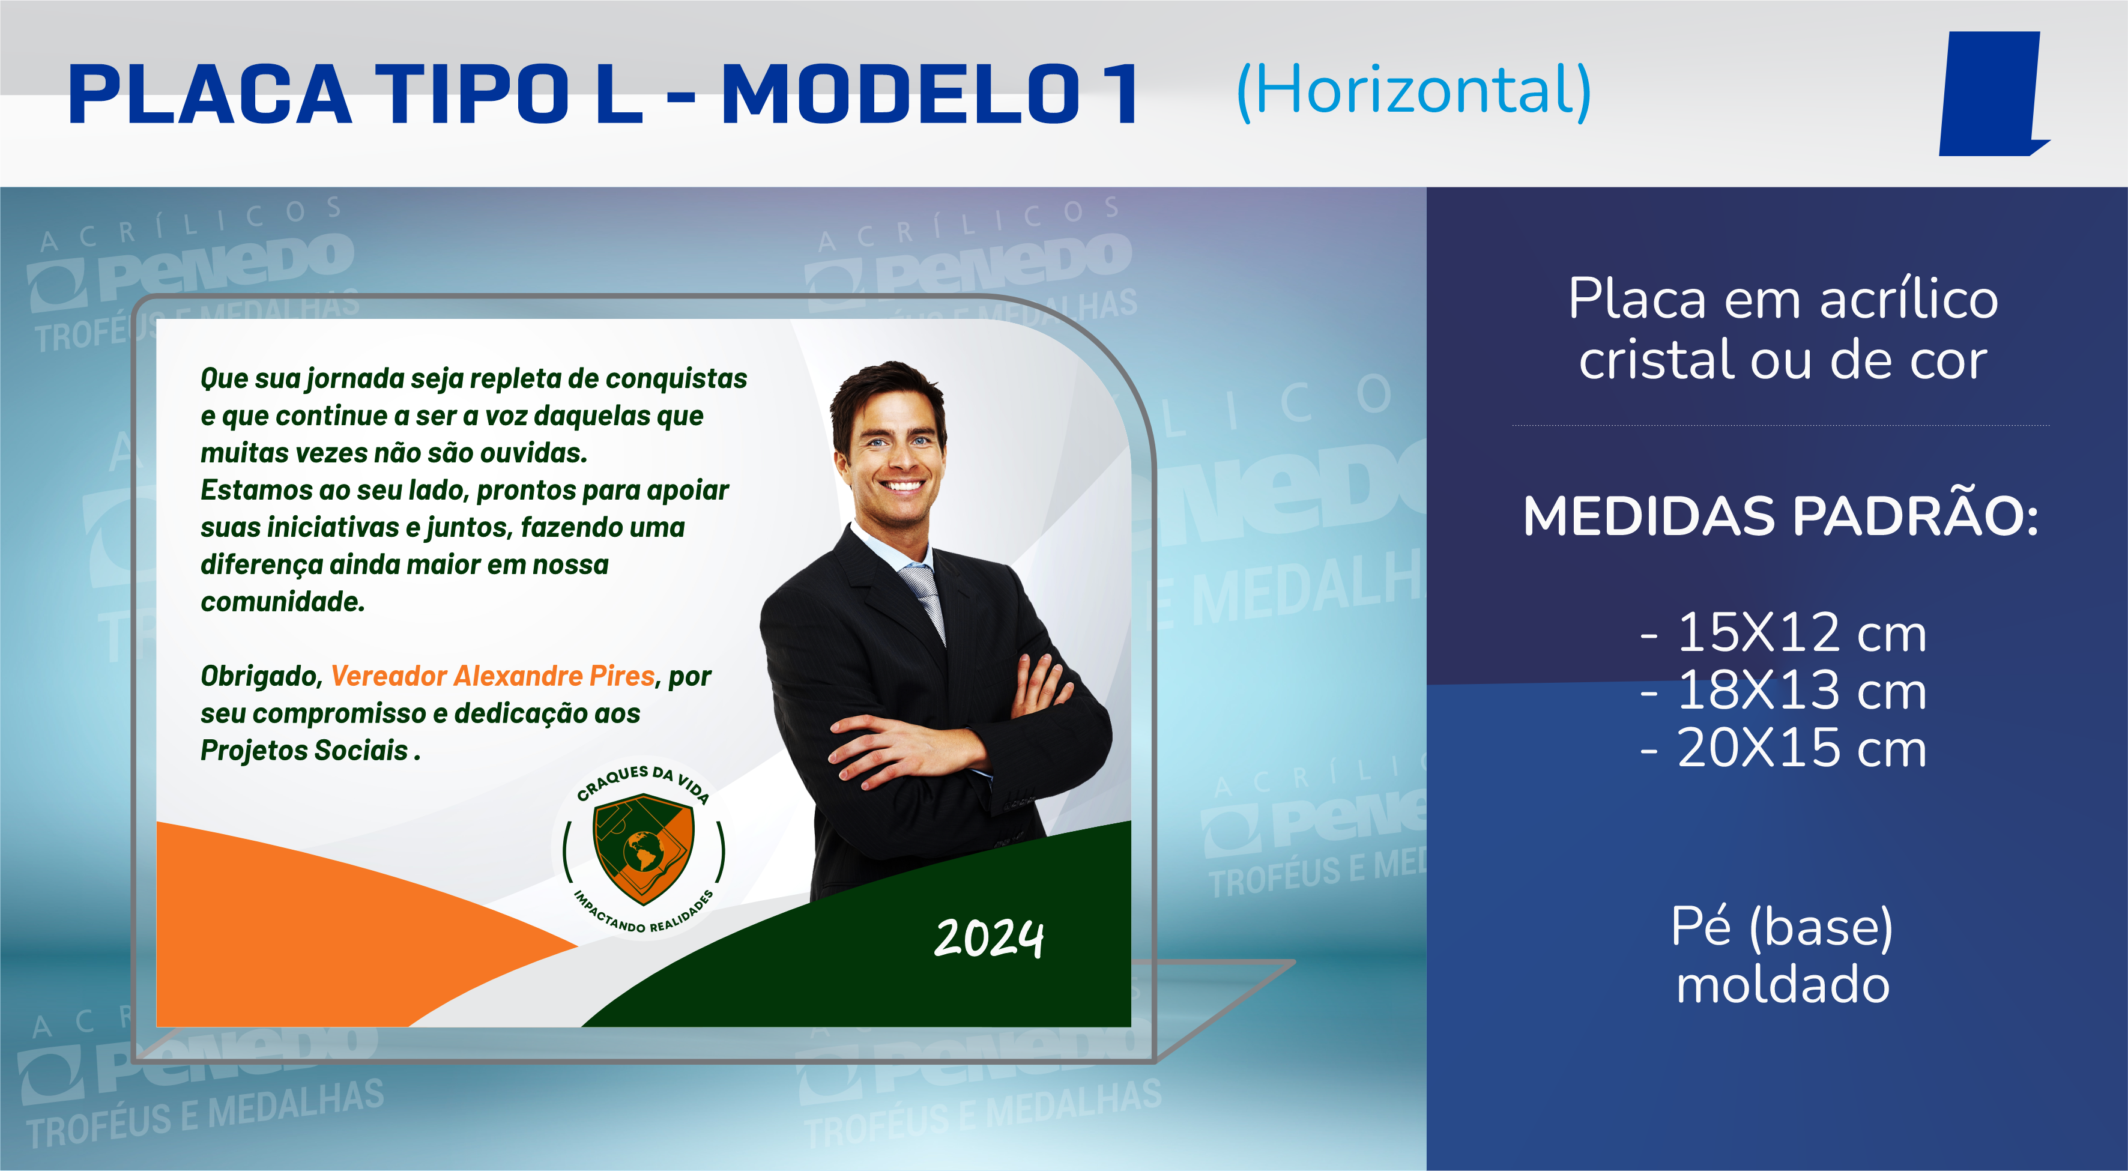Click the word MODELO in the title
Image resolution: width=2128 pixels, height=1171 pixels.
point(901,94)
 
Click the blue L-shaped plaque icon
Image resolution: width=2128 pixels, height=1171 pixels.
point(1992,94)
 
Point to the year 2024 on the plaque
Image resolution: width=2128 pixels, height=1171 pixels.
point(989,939)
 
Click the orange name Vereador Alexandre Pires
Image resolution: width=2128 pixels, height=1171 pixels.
point(493,676)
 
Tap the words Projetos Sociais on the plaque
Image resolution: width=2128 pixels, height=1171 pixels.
point(305,751)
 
